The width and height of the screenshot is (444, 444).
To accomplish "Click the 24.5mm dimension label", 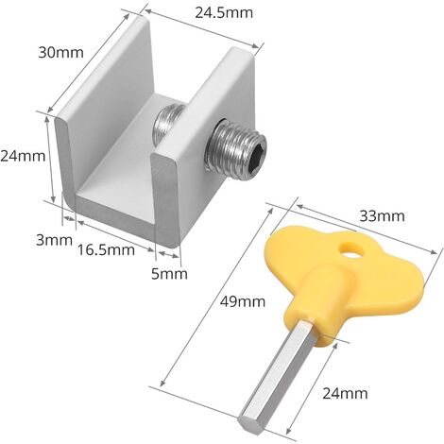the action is tap(224, 13).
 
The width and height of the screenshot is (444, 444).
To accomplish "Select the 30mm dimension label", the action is tap(61, 52).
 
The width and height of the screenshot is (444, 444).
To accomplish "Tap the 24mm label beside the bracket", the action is tap(23, 156).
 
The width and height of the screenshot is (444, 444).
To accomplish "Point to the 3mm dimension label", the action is tap(54, 240).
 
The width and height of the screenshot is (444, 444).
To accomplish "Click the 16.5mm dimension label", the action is tap(106, 249).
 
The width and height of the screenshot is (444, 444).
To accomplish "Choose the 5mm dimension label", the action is tap(169, 274).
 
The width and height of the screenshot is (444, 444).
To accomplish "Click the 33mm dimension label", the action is tap(382, 216).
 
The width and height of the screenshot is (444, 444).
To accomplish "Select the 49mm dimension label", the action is tap(243, 301).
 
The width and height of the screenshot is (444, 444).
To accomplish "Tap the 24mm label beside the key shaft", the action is tap(345, 393).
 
